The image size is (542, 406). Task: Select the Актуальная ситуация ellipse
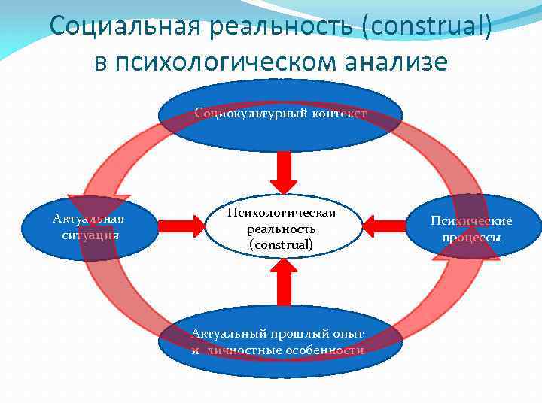(x=89, y=226)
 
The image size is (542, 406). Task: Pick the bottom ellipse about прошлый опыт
(x=277, y=341)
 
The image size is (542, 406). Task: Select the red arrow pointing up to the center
(x=283, y=286)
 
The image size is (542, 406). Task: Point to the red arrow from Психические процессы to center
(x=385, y=223)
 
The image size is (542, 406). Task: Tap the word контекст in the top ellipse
(x=337, y=114)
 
